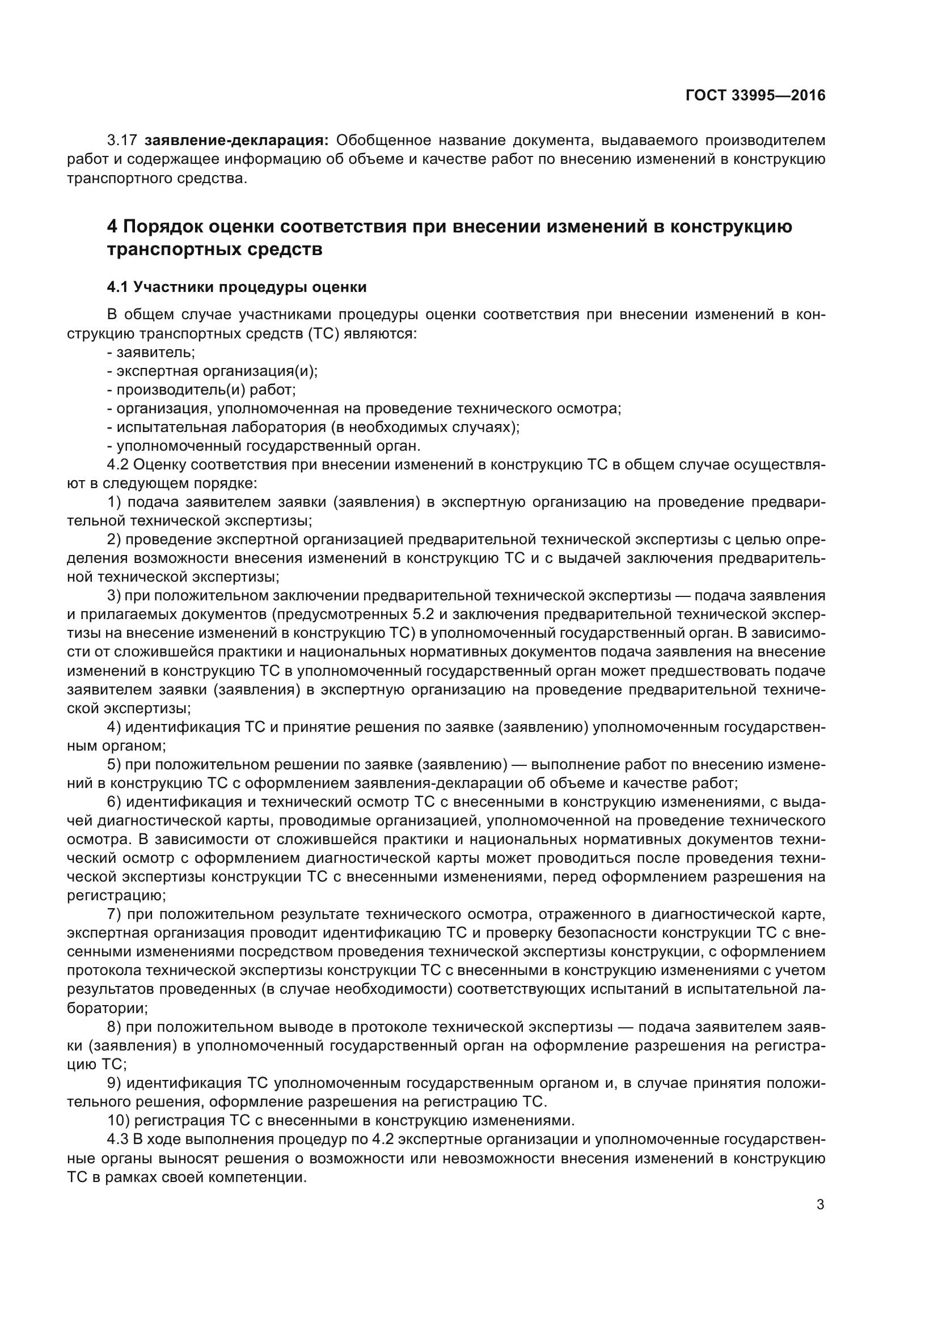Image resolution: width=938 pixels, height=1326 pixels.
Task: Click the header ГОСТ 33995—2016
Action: [x=755, y=95]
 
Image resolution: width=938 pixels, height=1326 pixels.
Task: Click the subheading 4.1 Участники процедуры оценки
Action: [x=237, y=287]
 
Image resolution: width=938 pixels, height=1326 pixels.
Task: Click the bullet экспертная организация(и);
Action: [x=216, y=371]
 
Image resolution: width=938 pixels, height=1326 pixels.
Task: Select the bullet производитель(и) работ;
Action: [x=205, y=390]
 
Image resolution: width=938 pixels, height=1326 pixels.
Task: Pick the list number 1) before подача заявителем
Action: [x=115, y=502]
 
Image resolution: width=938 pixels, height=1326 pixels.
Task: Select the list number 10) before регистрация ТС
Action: [x=119, y=1120]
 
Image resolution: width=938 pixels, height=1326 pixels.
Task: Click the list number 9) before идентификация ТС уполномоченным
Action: [x=115, y=1083]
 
